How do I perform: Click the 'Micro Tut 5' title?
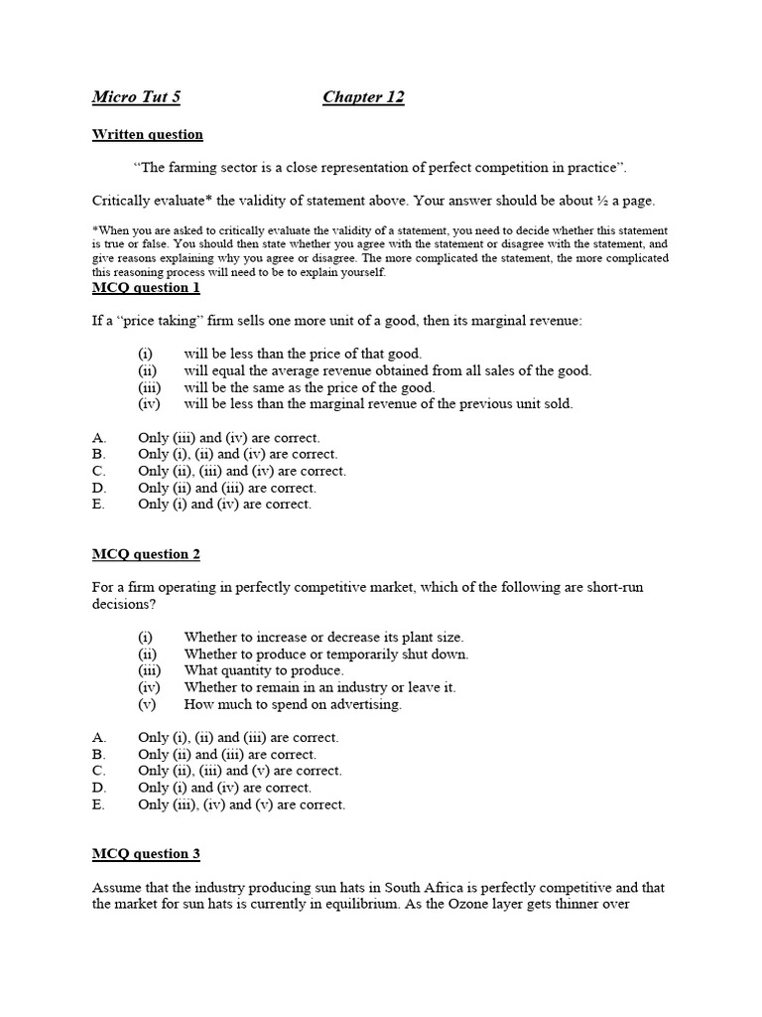[136, 97]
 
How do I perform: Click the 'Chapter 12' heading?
[363, 97]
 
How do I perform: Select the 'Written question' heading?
[147, 134]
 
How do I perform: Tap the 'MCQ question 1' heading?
[146, 288]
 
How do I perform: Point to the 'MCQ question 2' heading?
[146, 554]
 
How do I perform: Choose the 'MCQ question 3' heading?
[146, 853]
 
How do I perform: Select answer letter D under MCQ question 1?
[97, 488]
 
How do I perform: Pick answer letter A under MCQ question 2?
[97, 737]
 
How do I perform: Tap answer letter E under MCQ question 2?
[97, 804]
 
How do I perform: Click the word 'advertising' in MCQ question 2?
[366, 704]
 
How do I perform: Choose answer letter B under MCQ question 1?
[97, 454]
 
